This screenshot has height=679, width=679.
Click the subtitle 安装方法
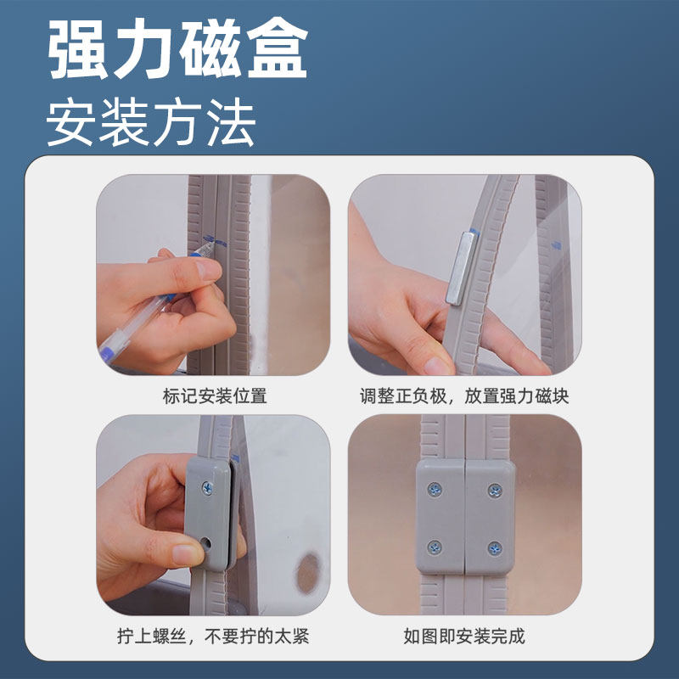click(151, 123)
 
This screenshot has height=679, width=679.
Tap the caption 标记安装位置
click(214, 396)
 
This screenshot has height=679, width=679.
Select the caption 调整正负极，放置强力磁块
click(465, 396)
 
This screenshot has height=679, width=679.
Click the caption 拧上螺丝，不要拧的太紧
click(213, 636)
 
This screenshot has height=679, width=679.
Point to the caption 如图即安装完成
click(464, 636)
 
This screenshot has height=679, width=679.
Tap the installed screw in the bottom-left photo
click(208, 488)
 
